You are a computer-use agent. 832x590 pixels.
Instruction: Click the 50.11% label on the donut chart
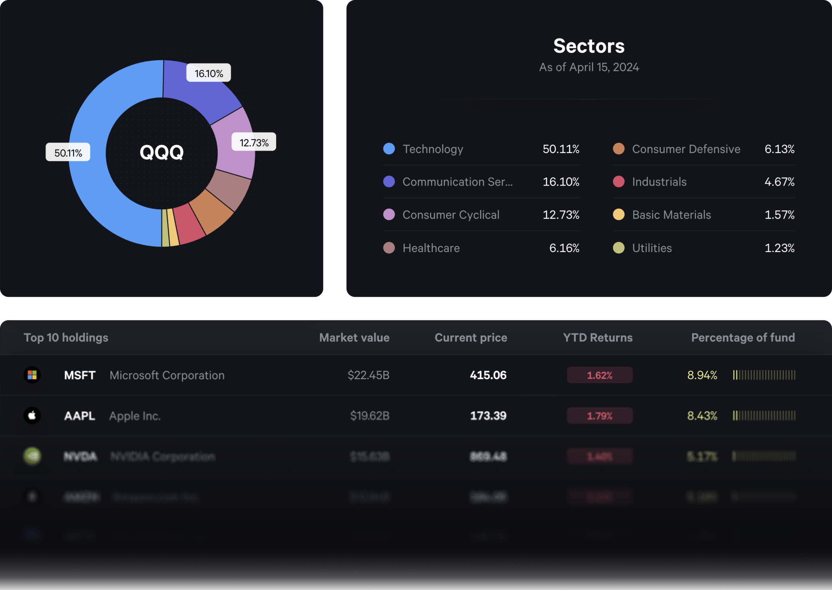click(68, 153)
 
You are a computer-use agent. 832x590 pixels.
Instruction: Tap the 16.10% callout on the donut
click(209, 73)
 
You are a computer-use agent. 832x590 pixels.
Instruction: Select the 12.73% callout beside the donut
click(254, 143)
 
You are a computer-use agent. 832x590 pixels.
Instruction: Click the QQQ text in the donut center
click(162, 152)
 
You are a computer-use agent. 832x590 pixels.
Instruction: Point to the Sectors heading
click(588, 46)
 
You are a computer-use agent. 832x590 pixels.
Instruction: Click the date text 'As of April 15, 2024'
click(589, 67)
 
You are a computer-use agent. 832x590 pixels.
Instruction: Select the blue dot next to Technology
click(389, 149)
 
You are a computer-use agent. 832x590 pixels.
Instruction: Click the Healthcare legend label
click(431, 248)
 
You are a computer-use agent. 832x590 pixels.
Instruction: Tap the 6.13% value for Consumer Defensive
click(779, 149)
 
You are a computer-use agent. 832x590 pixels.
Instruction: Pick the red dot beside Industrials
click(619, 182)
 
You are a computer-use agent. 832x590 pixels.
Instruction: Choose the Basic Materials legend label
click(671, 215)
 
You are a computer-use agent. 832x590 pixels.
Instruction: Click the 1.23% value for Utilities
click(779, 248)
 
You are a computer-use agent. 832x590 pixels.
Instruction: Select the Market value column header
click(354, 338)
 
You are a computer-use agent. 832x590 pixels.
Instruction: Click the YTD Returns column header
click(597, 338)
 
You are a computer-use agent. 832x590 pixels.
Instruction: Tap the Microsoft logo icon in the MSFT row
click(32, 375)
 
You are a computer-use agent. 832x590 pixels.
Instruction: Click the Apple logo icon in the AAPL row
click(32, 416)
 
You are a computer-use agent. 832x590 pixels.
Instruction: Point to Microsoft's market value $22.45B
click(368, 375)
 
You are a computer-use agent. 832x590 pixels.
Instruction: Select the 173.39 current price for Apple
click(488, 416)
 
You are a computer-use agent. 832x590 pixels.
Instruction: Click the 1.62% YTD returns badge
click(599, 375)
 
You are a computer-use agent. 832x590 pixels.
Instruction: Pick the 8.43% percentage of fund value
click(702, 416)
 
